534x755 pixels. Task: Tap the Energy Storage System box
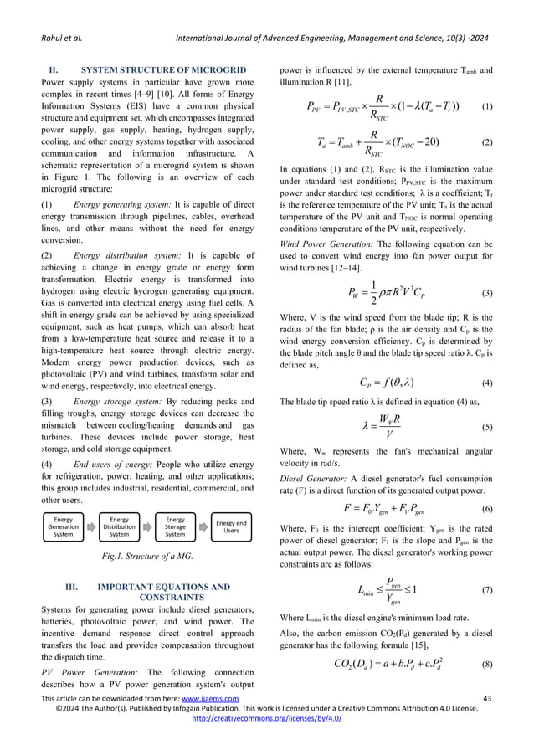click(176, 526)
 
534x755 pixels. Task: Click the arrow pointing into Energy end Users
click(203, 526)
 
